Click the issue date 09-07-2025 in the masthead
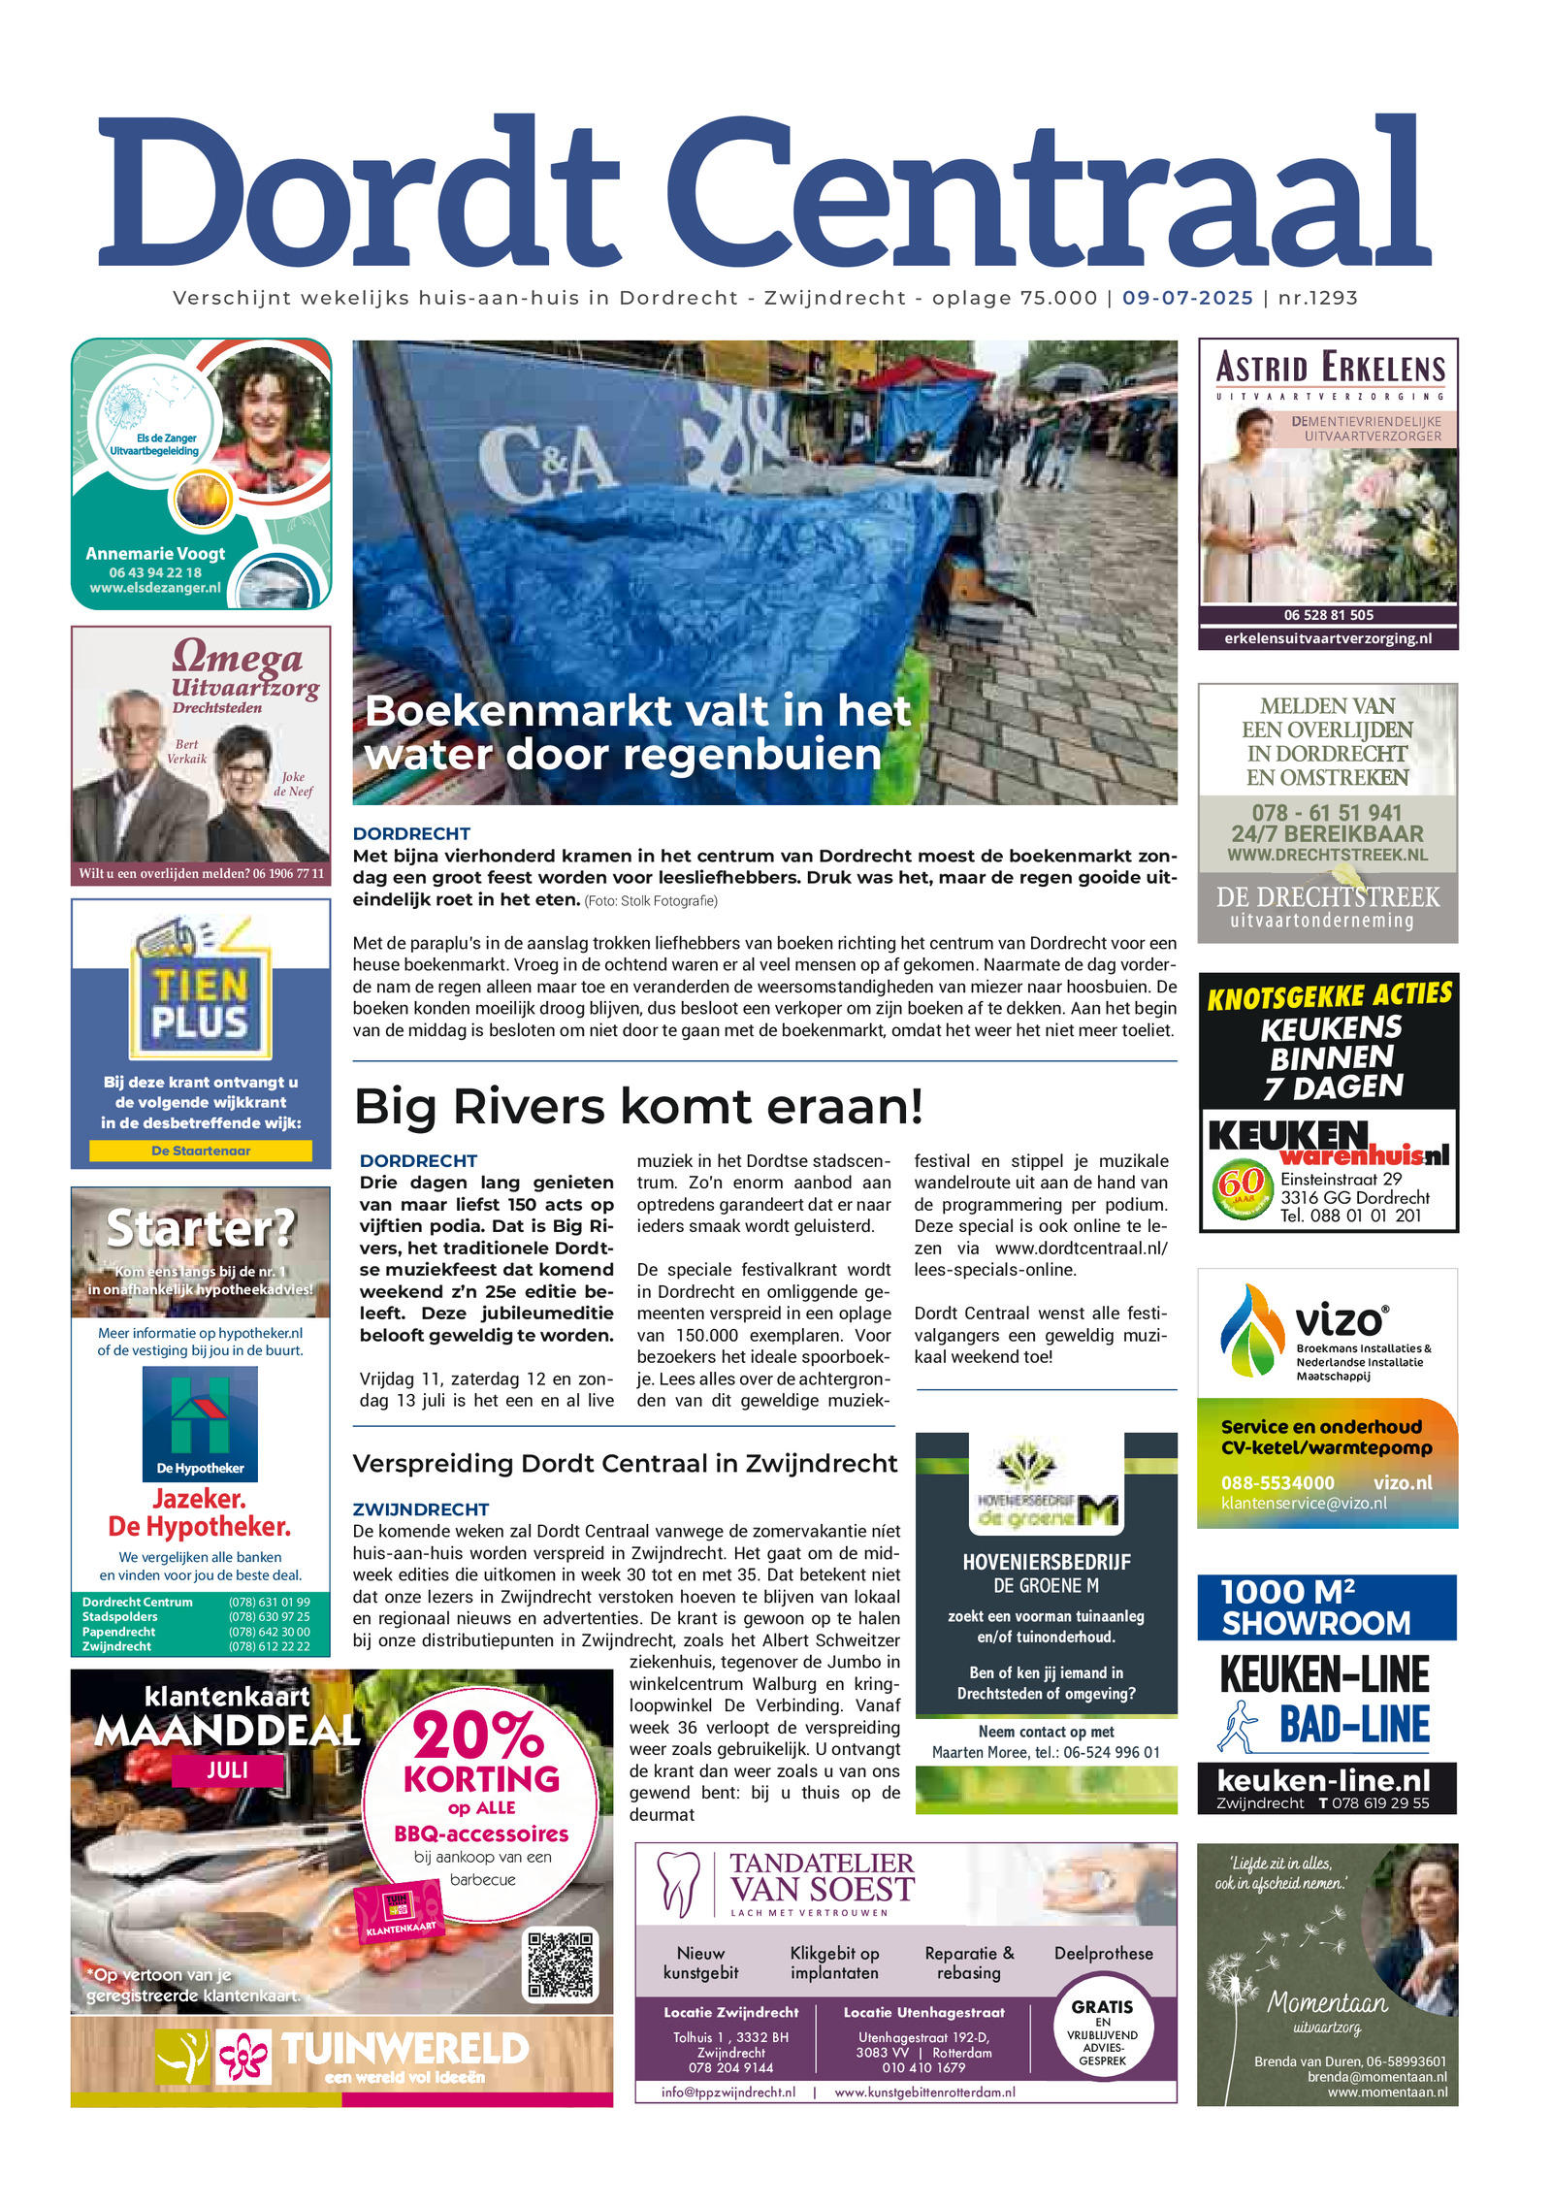pos(1187,299)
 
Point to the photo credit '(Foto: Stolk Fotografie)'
pos(651,901)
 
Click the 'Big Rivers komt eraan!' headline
pos(638,1107)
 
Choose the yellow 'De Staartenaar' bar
pos(201,1151)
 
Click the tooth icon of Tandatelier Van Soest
pos(678,1884)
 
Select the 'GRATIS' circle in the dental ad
pos(1102,2034)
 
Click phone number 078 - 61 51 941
pos(1327,813)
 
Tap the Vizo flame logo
pos(1251,1330)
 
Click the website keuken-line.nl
pos(1323,1781)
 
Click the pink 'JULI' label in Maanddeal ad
pos(227,1770)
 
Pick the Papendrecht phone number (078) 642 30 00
pos(270,1632)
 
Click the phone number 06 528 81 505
pos(1328,615)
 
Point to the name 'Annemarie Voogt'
pos(155,554)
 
